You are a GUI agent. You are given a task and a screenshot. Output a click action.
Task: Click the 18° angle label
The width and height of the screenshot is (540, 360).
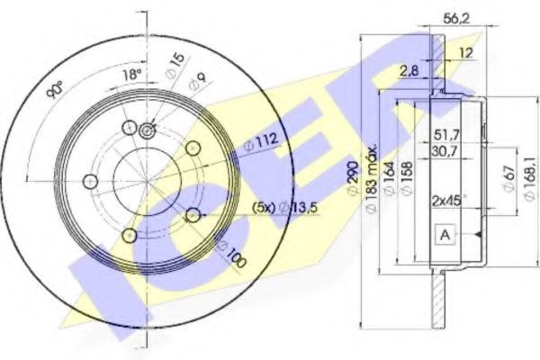coord(132,75)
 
